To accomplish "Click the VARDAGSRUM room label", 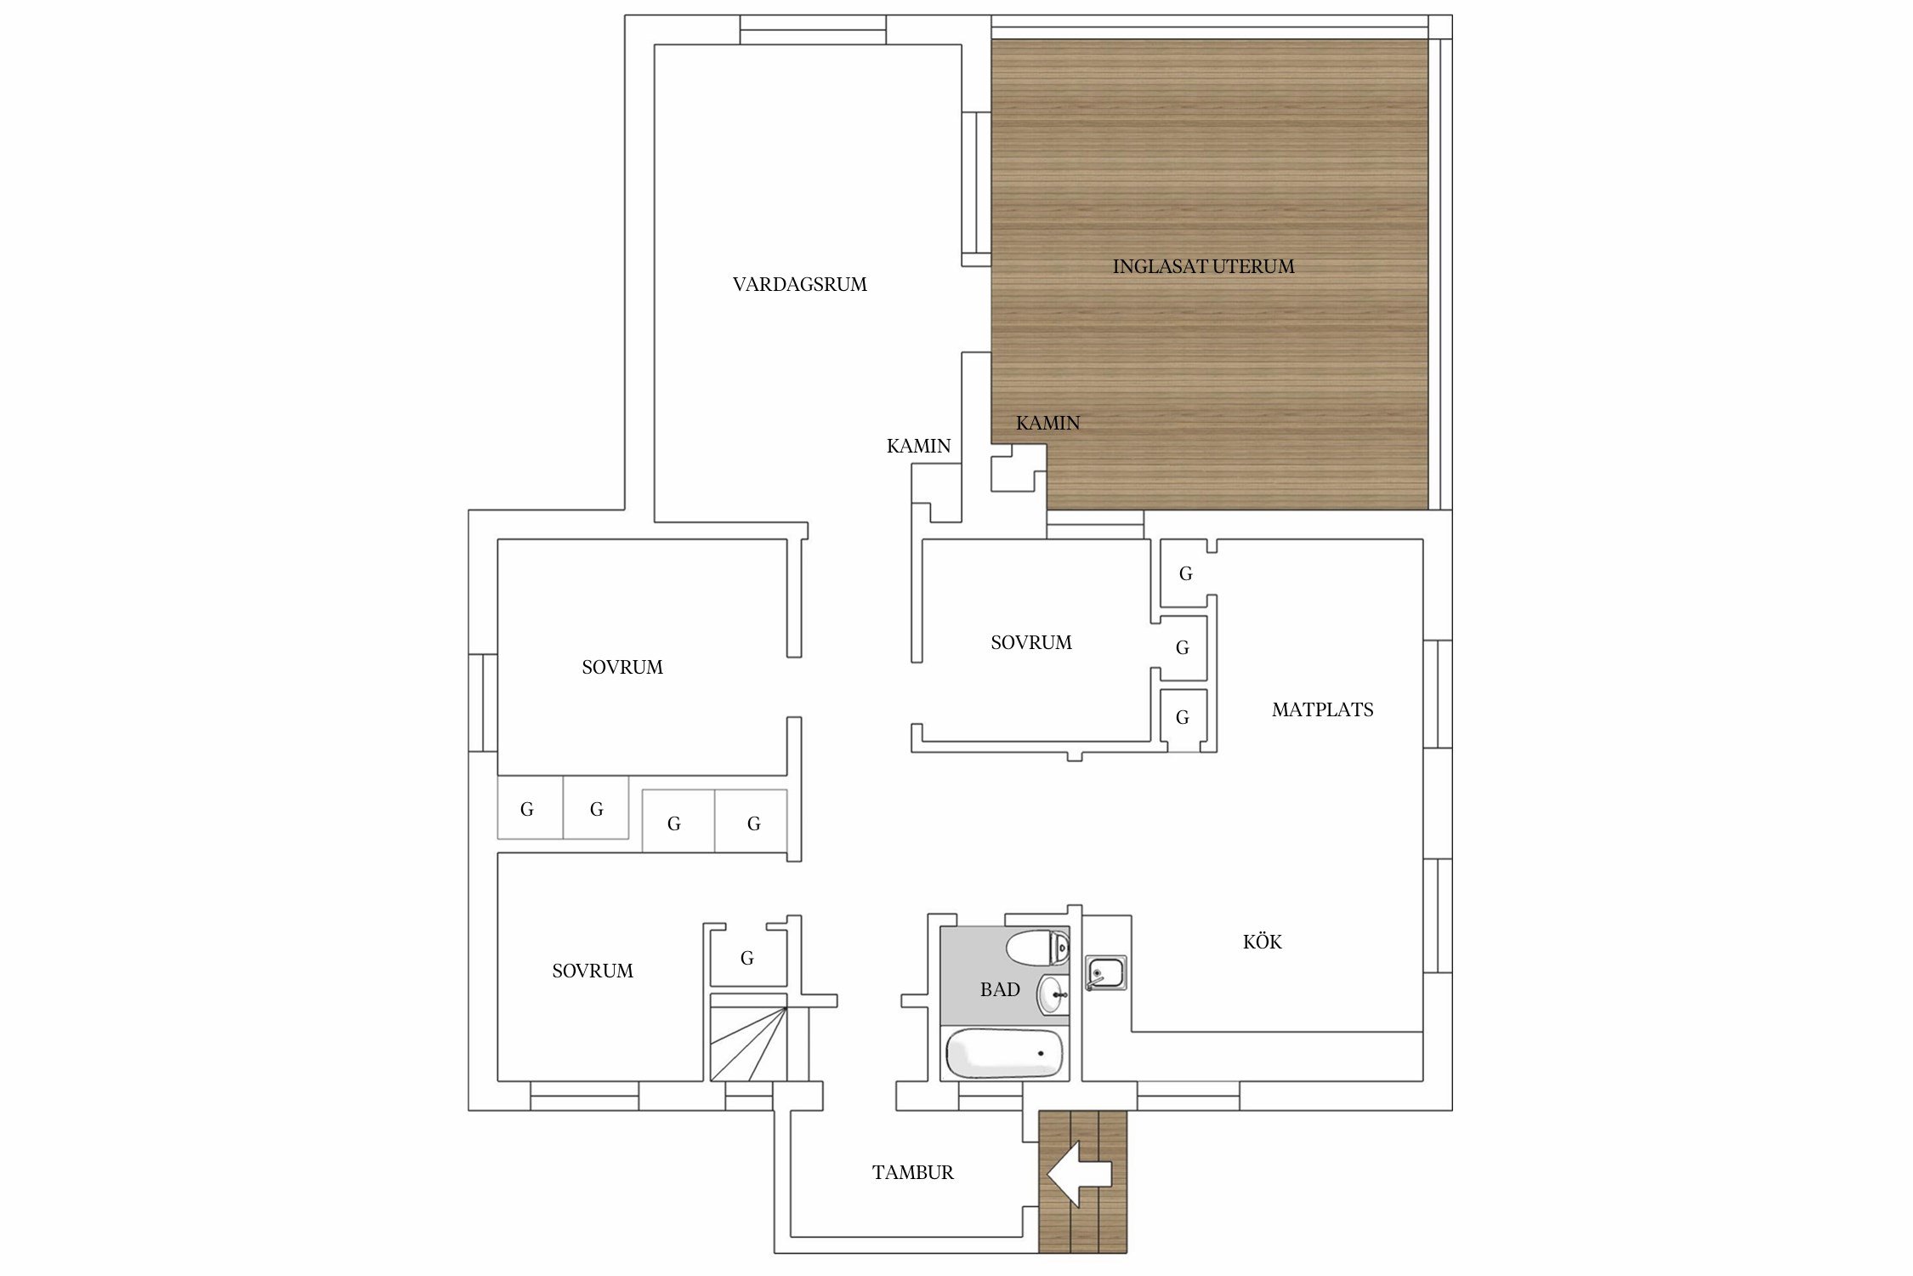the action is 799,284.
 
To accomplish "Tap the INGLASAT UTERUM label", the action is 1203,266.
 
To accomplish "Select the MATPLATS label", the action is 1322,709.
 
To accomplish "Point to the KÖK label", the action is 1262,941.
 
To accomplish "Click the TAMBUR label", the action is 912,1172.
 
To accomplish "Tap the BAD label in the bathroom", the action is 999,989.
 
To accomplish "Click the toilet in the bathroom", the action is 1037,948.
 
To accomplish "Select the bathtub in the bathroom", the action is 1004,1053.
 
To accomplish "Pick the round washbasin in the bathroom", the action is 1053,994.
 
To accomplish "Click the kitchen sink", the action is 1105,973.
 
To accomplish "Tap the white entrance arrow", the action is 1079,1174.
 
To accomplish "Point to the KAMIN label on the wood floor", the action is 1047,423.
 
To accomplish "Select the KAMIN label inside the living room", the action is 918,446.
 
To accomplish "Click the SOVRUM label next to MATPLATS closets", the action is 1030,642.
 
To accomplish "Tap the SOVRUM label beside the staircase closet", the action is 593,971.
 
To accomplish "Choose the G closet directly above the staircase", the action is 747,958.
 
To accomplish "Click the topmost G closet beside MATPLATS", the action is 1185,573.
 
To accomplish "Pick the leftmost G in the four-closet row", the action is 527,809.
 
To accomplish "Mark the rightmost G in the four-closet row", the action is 753,823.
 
